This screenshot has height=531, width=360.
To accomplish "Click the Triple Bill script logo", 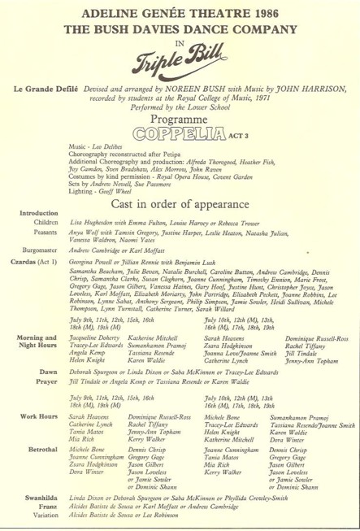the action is [181, 59].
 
